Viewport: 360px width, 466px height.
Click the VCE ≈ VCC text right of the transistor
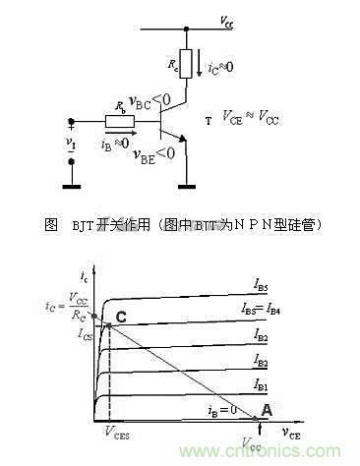click(x=255, y=121)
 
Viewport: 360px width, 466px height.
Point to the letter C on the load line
click(x=121, y=316)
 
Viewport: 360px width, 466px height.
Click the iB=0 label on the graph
click(x=221, y=410)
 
